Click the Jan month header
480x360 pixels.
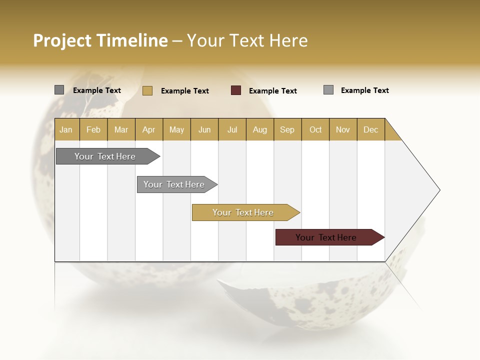coord(66,129)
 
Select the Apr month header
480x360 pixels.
coord(149,129)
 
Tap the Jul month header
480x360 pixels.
coord(232,129)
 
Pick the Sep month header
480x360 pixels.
coord(287,129)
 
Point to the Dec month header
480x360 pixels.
coord(371,129)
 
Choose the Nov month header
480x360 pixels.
coord(343,129)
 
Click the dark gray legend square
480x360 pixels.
coord(59,90)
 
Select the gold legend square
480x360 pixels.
coord(147,90)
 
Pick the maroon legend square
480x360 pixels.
coord(236,90)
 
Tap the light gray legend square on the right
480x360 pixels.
coord(328,90)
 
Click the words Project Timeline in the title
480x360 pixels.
coord(100,40)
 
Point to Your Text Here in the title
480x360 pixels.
coord(247,40)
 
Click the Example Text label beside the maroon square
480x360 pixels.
coord(273,91)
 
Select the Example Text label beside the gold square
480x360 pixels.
coord(185,91)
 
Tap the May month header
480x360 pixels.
coord(176,129)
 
